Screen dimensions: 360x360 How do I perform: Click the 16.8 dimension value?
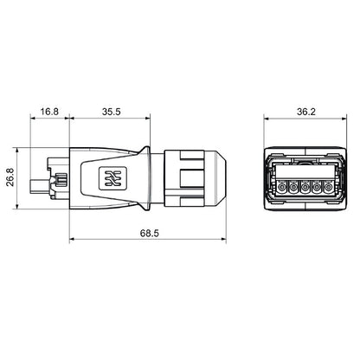pyautogui.click(x=49, y=112)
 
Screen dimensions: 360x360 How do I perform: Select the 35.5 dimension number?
pyautogui.click(x=109, y=112)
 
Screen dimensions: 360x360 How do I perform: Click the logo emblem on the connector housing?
pyautogui.click(x=111, y=178)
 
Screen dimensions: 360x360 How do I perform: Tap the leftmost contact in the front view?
pyautogui.click(x=279, y=186)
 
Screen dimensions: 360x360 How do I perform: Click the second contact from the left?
pyautogui.click(x=291, y=186)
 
